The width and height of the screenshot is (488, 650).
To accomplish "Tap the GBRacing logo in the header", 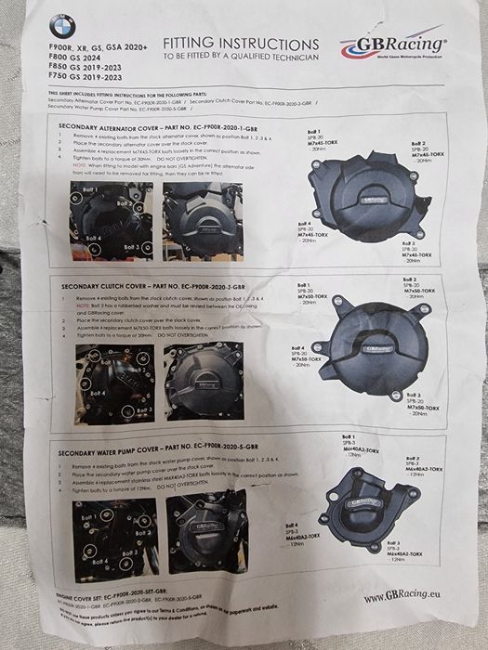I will [392, 45].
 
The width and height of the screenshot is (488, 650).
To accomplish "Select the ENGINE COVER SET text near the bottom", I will [112, 591].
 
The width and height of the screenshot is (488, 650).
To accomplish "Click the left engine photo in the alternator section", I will [104, 220].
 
